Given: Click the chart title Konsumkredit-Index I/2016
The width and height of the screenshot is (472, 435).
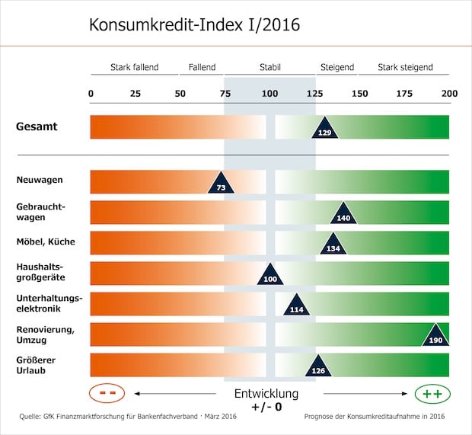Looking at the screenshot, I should tap(194, 24).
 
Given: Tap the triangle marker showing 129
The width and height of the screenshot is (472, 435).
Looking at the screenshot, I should tap(325, 130).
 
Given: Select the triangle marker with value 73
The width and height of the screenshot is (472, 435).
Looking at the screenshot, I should tap(221, 184).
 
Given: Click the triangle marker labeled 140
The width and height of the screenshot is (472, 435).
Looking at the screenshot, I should tap(343, 215).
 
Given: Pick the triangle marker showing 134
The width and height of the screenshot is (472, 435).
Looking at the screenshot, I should tap(333, 245).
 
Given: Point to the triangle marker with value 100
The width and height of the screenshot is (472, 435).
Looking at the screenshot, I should tap(269, 276).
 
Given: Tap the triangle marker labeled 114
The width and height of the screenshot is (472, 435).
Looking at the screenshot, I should tap(296, 305).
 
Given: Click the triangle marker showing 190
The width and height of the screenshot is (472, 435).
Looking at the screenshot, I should tap(435, 337).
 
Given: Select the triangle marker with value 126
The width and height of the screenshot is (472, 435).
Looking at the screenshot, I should tap(319, 367).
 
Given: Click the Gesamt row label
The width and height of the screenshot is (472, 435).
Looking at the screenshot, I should tap(37, 126).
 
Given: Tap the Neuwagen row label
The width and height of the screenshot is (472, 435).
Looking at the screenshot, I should tap(40, 180).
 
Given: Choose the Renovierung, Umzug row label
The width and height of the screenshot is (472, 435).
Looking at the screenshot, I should tap(45, 334).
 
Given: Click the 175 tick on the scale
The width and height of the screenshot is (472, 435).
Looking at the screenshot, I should tap(404, 93).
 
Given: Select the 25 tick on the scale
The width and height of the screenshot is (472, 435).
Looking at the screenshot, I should tap(135, 93).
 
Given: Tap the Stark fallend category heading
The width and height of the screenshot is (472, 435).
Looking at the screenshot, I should tap(134, 67).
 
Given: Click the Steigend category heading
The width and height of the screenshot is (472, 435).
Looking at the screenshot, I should tap(336, 67).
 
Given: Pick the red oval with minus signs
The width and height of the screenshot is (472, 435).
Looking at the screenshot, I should tap(107, 394).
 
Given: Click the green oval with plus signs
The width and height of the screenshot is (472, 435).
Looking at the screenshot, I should tap(432, 394).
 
